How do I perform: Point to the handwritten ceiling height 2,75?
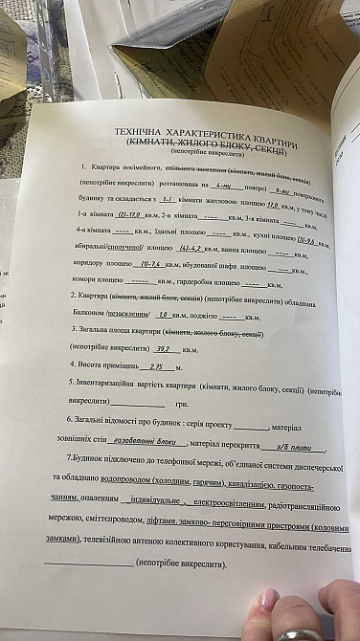click(x=160, y=367)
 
